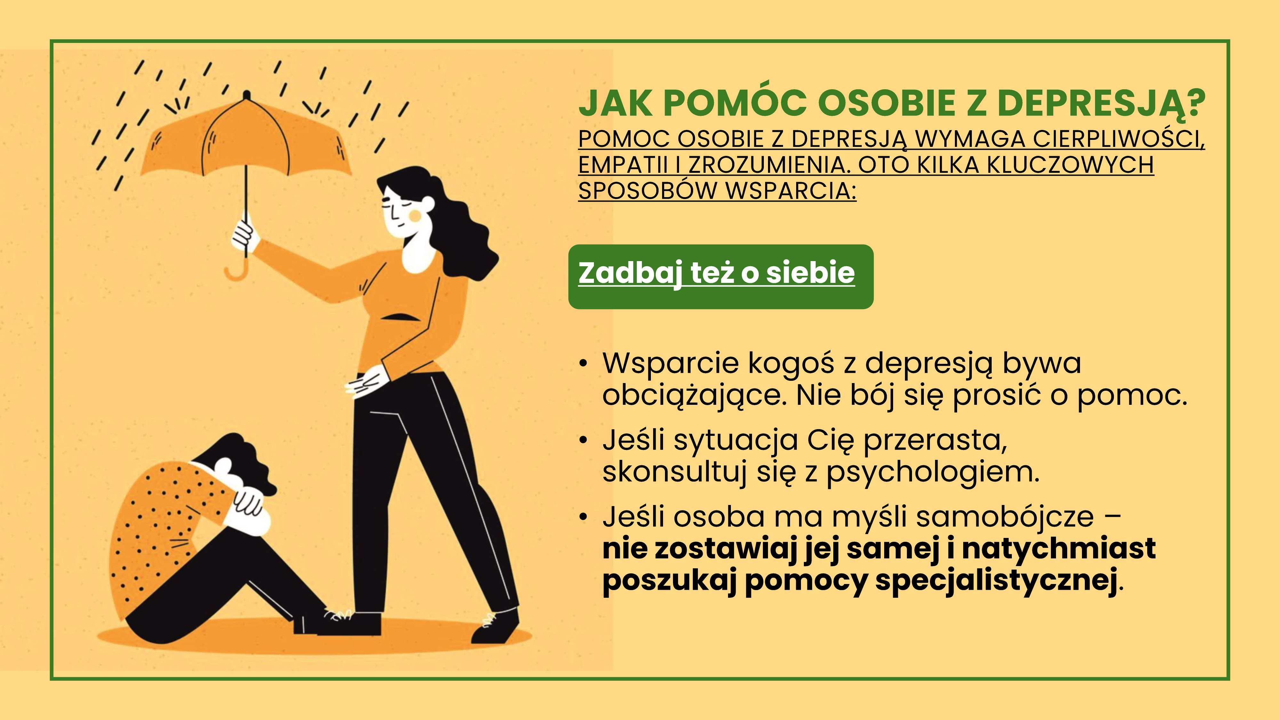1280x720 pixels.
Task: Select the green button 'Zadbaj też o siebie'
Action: pyautogui.click(x=721, y=277)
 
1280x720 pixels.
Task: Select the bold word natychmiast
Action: pyautogui.click(x=1058, y=548)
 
